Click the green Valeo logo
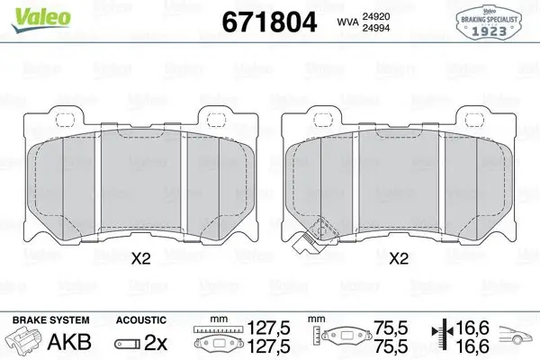(x=41, y=19)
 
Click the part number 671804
(x=269, y=22)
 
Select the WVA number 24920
(x=375, y=16)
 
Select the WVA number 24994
(x=375, y=28)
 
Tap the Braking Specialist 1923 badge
(x=489, y=22)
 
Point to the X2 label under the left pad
(x=141, y=258)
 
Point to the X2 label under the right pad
(x=399, y=258)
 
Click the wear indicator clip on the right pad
(x=314, y=236)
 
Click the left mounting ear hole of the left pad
(x=65, y=120)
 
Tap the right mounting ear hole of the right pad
(x=474, y=120)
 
